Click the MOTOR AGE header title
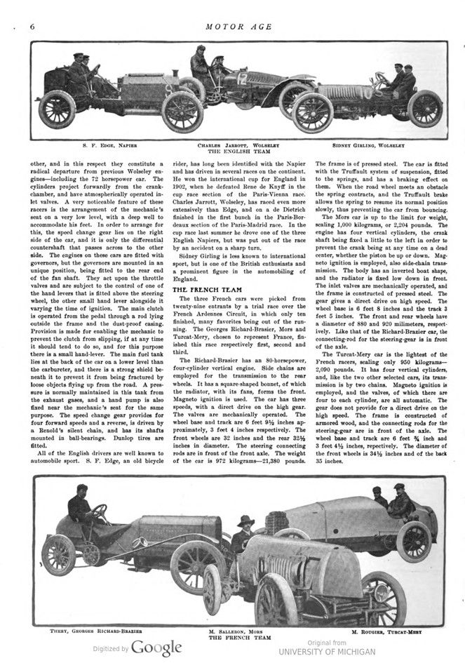pyautogui.click(x=232, y=27)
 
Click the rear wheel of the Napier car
pyautogui.click(x=57, y=109)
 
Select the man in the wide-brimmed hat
pyautogui.click(x=245, y=533)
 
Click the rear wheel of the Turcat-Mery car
pyautogui.click(x=414, y=541)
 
